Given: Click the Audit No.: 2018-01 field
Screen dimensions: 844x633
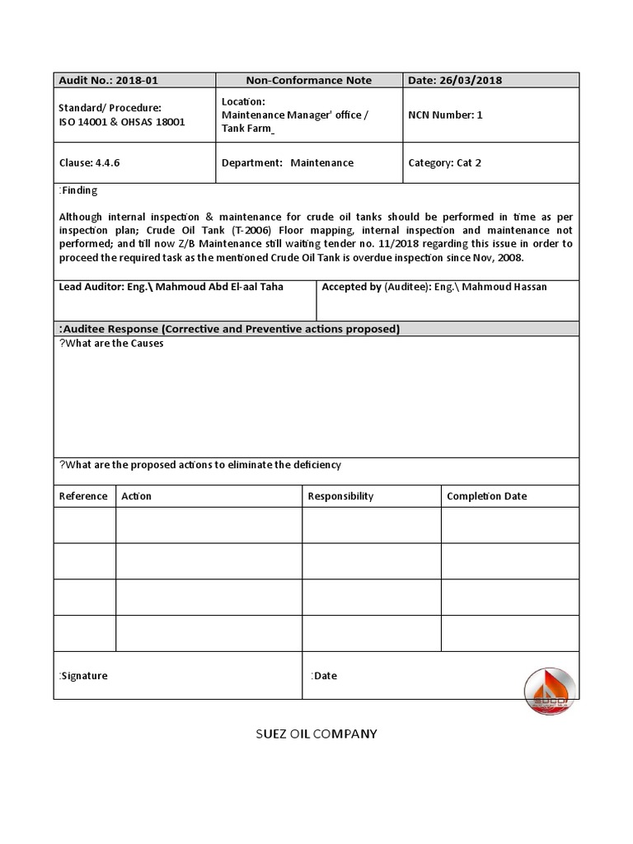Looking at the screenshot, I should click(108, 80).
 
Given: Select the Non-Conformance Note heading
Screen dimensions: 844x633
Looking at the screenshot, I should click(308, 80).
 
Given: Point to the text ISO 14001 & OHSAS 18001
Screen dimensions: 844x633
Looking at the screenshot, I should click(122, 122).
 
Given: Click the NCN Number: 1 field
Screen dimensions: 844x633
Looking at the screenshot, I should click(445, 115).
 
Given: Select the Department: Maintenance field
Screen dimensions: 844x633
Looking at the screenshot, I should click(287, 162).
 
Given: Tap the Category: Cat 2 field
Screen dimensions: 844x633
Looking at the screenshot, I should click(444, 162).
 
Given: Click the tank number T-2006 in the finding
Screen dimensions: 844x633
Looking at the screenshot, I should click(256, 230).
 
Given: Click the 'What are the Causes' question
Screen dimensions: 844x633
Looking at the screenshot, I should click(111, 344).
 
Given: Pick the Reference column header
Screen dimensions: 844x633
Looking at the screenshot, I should click(83, 496).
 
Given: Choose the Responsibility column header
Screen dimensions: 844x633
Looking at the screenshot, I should click(340, 496).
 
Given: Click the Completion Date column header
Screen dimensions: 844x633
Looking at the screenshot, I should click(486, 496).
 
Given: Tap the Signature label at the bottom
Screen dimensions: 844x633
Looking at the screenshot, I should click(83, 676).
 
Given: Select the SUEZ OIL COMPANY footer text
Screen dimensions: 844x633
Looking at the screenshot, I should click(316, 734).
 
